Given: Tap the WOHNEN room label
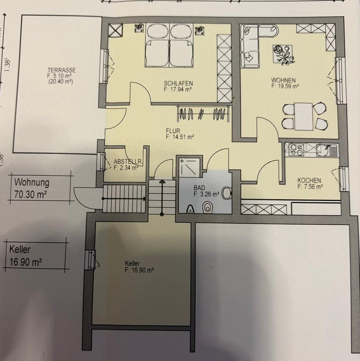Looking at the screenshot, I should coord(285,80).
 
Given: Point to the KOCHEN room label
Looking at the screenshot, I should coord(309,180).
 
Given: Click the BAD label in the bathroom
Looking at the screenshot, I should coord(199,187).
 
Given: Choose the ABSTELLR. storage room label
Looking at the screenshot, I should coord(128,162).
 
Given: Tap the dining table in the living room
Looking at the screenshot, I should coord(304,116).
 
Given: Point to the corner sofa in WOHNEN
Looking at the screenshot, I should coord(252,43).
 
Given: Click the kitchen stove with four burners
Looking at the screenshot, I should coord(296,150).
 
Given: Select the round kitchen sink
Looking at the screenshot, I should coord(323,150).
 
